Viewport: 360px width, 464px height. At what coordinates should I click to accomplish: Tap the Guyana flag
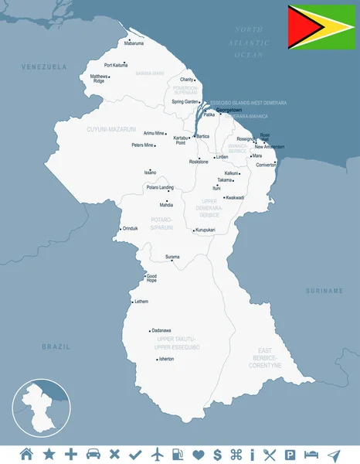(321, 27)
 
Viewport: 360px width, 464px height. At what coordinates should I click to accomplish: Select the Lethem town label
(141, 302)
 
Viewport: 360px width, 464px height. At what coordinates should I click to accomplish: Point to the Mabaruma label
(134, 44)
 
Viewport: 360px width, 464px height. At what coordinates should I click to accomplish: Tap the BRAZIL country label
(56, 346)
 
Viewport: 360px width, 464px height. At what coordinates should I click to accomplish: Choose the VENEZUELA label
(44, 67)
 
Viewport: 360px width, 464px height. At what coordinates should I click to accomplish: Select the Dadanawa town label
(161, 330)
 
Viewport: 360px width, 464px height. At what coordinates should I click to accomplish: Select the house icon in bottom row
(27, 453)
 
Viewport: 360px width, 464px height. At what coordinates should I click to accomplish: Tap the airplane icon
(159, 453)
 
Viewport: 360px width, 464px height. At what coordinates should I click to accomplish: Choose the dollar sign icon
(218, 453)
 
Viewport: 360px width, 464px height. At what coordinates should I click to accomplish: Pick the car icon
(93, 453)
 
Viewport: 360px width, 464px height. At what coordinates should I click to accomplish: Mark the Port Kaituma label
(115, 65)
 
